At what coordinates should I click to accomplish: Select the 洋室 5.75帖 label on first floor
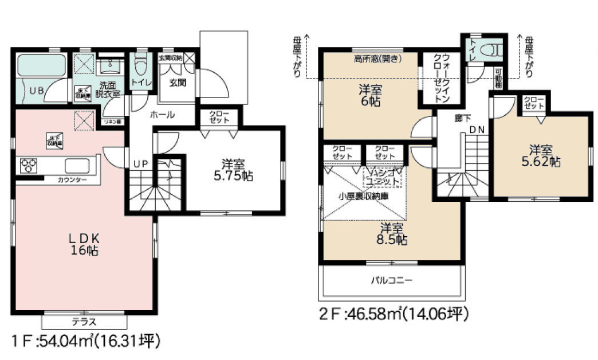(x=233, y=169)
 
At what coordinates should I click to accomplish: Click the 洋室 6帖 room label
(x=369, y=95)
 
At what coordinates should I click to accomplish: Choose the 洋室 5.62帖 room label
(x=541, y=156)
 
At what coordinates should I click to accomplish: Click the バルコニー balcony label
(x=392, y=280)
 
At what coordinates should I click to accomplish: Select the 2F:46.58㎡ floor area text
(x=394, y=314)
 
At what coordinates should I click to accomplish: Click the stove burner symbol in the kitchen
(x=29, y=166)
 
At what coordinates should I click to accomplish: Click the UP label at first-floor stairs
(x=140, y=164)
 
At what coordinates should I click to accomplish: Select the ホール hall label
(x=162, y=115)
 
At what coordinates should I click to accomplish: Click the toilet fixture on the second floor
(x=491, y=48)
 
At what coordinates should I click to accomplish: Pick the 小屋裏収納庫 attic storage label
(x=364, y=195)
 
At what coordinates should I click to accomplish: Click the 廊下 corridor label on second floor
(x=460, y=119)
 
